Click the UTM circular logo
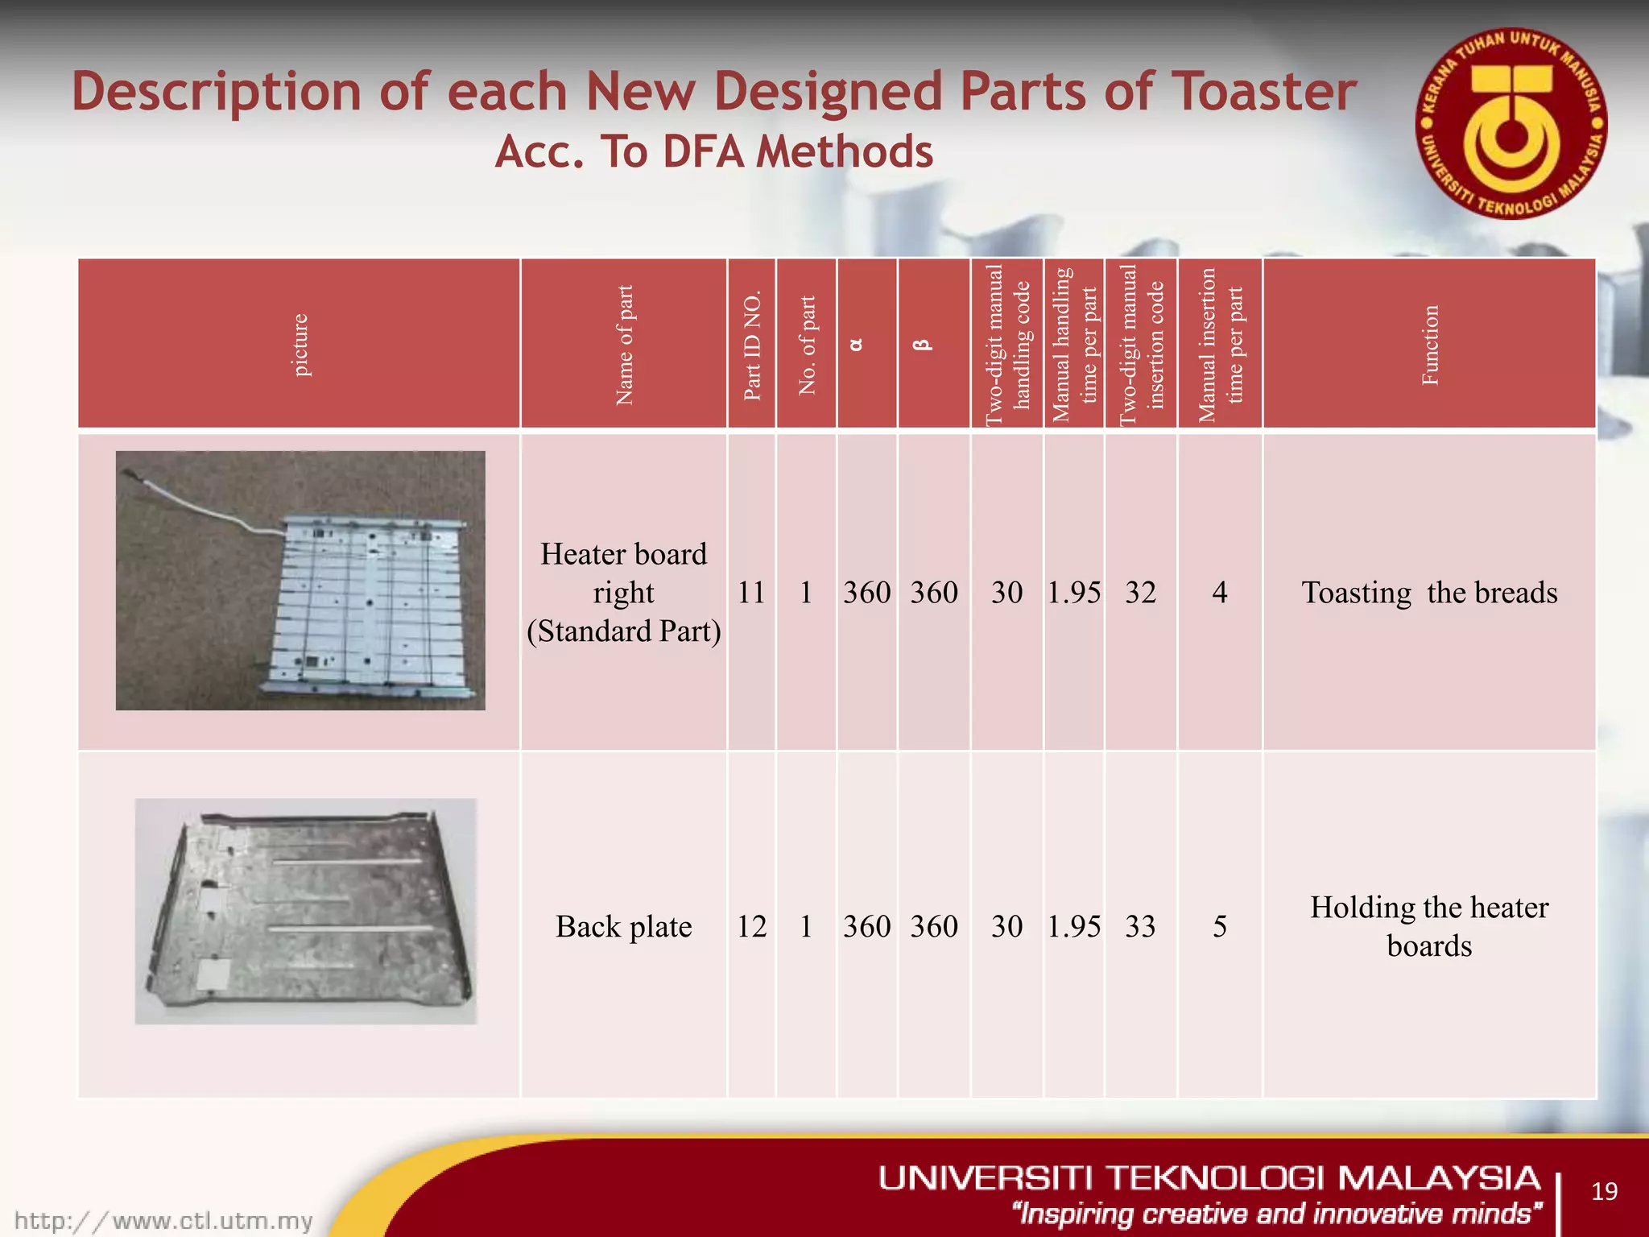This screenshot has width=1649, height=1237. [1511, 126]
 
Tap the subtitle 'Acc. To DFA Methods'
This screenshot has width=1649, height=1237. [713, 151]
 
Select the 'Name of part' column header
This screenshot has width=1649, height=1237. [624, 345]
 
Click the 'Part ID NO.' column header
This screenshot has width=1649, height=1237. [751, 345]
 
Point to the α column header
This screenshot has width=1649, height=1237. [856, 344]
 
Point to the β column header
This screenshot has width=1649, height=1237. [923, 344]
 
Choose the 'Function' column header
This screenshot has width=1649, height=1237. [1429, 345]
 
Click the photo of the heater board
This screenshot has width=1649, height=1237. [300, 580]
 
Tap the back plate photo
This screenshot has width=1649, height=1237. [305, 911]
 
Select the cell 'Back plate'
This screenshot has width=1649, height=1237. [623, 926]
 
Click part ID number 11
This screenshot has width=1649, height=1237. [751, 593]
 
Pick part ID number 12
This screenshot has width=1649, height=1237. [751, 926]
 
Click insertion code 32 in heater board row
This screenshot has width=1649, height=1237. [1140, 593]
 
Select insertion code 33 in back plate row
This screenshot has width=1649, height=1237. [1140, 926]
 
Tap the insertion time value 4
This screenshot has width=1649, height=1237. [1219, 593]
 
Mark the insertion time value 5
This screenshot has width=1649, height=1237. [1219, 926]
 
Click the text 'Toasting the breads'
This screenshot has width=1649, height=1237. [1429, 593]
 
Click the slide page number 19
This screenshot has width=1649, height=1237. [1604, 1191]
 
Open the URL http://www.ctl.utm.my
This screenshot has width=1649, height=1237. [163, 1221]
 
